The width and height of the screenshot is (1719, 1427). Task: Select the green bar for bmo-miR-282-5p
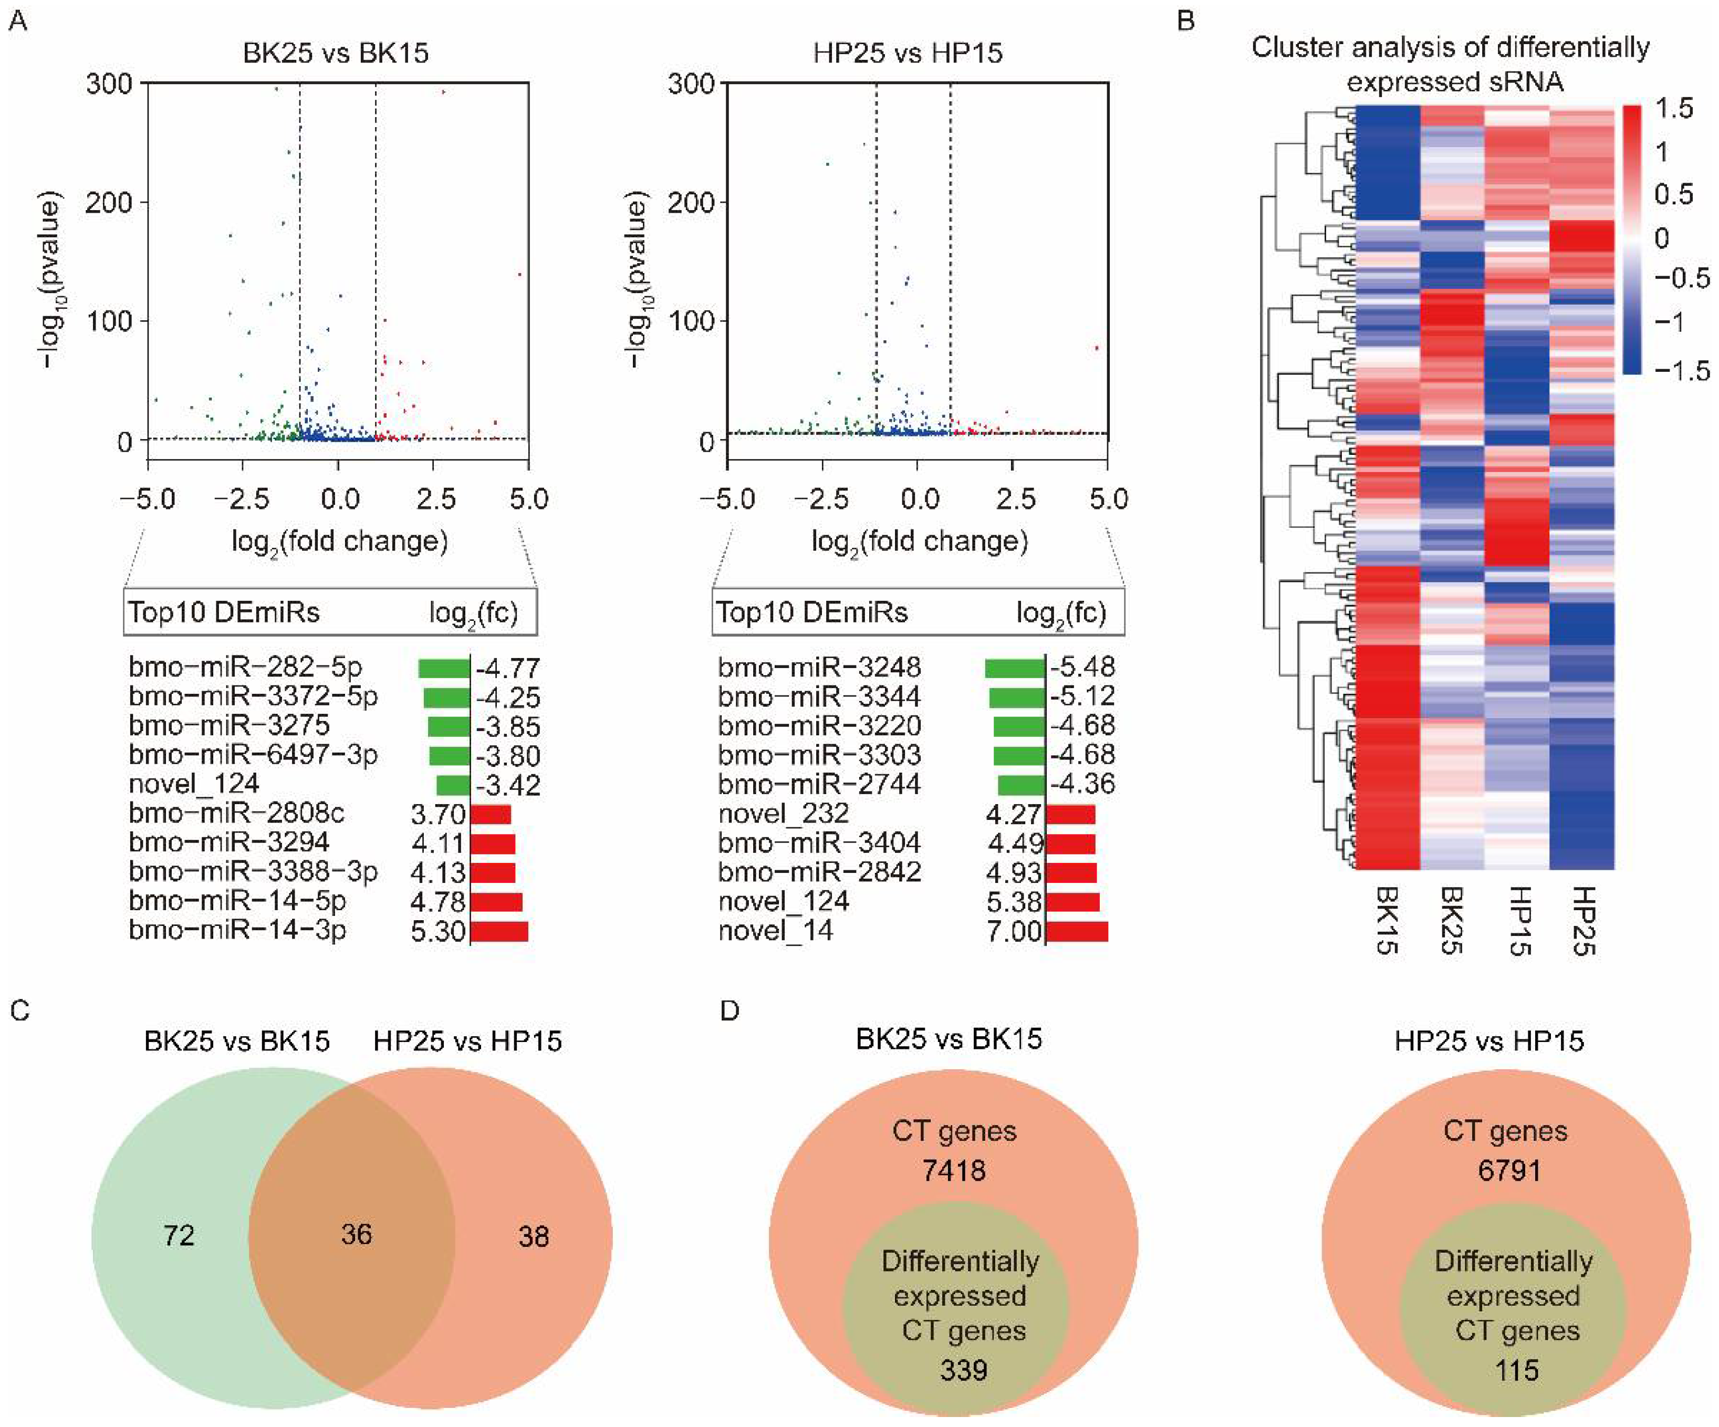[444, 668]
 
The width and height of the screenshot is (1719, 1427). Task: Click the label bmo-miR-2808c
[236, 814]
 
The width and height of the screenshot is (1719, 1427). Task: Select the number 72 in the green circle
[179, 1235]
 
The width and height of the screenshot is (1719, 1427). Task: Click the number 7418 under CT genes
[954, 1171]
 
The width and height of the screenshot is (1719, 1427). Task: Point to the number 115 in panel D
[1517, 1370]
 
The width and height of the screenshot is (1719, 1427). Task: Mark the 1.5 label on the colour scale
[1674, 109]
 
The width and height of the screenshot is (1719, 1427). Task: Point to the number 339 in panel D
[963, 1370]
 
